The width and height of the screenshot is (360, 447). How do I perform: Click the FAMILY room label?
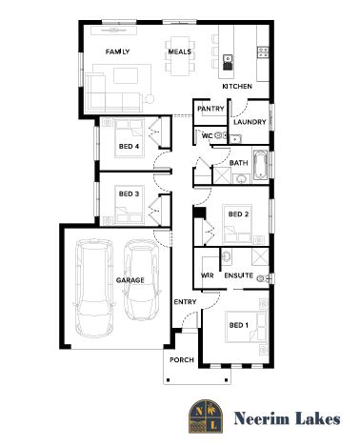(x=117, y=51)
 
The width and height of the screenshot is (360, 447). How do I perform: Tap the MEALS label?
(x=180, y=51)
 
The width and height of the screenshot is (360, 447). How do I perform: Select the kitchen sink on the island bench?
(x=228, y=62)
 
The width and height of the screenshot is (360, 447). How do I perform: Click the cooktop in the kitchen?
(x=263, y=52)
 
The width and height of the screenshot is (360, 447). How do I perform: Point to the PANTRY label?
(x=210, y=109)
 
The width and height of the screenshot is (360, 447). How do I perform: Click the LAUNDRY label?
(x=250, y=122)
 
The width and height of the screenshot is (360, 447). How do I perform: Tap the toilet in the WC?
(x=220, y=135)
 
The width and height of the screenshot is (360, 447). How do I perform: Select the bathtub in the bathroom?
(x=260, y=165)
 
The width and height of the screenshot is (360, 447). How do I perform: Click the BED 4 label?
(x=129, y=147)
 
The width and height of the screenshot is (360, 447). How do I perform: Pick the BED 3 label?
(x=129, y=193)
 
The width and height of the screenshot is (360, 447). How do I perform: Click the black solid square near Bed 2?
(x=200, y=213)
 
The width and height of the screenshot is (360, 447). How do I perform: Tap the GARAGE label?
(x=130, y=280)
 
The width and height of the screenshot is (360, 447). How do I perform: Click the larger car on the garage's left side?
(x=94, y=288)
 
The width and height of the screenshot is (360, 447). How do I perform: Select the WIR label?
(x=208, y=275)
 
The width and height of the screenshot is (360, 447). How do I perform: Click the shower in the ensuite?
(x=260, y=256)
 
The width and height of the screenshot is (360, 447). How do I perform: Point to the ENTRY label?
(x=185, y=302)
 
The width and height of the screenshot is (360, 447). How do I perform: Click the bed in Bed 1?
(x=246, y=327)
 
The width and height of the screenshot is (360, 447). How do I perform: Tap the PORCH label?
(x=182, y=360)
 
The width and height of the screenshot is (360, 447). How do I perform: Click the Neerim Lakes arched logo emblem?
(x=206, y=417)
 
